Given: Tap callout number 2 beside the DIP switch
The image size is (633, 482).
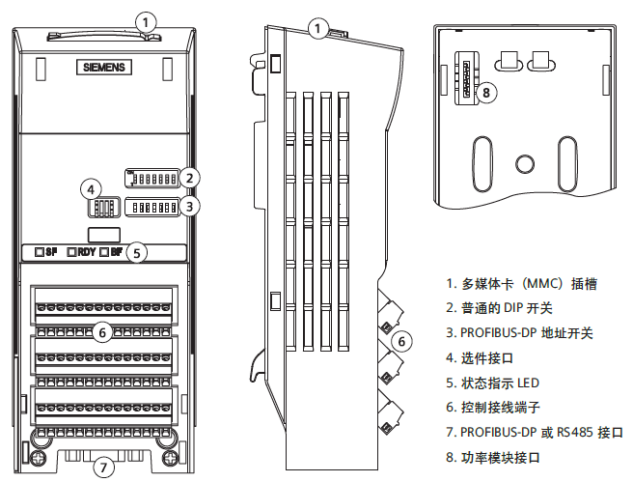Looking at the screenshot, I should point(191,177).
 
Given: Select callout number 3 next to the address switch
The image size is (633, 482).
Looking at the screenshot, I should point(191,205).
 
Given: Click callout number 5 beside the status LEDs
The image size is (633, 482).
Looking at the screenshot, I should point(138,253).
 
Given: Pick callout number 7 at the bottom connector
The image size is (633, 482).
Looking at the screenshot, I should point(104,468).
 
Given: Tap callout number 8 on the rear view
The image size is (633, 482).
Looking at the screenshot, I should point(488,93).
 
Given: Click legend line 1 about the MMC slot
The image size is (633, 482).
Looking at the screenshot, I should point(521,284).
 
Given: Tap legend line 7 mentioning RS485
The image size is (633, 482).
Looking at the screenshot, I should point(535,432).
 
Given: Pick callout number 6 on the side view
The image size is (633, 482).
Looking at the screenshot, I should point(404,340).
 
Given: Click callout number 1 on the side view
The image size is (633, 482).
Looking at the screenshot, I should point(318,29).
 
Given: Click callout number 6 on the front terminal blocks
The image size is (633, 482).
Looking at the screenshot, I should point(101,332).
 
